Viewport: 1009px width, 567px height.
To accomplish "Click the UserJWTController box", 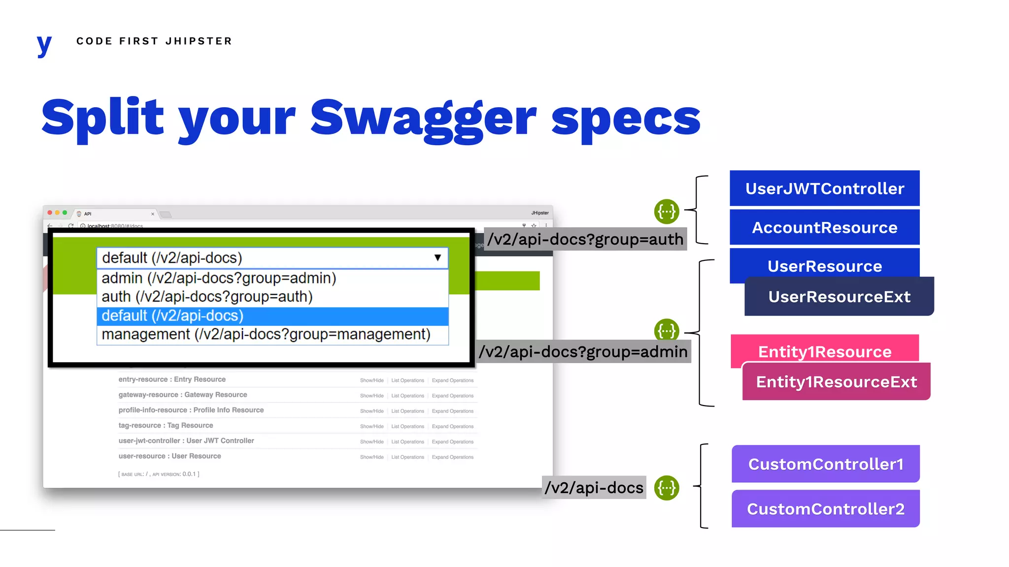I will coord(824,189).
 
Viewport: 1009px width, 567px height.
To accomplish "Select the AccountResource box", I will coord(824,227).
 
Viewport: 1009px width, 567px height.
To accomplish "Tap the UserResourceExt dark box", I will coord(839,296).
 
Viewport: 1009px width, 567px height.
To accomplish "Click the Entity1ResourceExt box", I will coord(836,382).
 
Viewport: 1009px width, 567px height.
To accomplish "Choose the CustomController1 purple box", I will coord(826,464).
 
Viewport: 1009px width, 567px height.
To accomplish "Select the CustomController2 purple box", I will coord(826,509).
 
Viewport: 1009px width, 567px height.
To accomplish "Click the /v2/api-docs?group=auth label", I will coord(585,239).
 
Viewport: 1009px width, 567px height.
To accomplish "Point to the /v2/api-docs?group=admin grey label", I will coord(583,352).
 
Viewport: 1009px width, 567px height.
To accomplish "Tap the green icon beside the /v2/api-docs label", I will coord(667,488).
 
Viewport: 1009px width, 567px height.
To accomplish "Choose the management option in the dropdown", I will coord(266,335).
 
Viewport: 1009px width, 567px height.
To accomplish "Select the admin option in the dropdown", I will coord(219,278).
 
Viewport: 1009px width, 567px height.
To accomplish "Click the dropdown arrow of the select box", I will coord(437,258).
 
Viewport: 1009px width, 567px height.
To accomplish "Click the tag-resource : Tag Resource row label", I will coord(166,426).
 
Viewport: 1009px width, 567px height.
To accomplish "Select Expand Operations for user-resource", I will coord(452,457).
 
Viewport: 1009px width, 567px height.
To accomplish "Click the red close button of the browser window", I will coord(50,213).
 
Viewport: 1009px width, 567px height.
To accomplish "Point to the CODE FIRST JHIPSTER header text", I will coord(154,41).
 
